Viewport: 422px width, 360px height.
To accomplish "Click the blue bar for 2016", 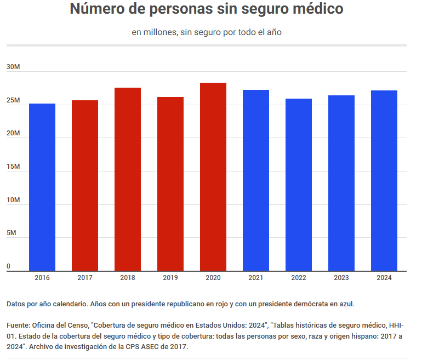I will point(42,187).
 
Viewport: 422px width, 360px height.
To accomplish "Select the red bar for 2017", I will point(85,185).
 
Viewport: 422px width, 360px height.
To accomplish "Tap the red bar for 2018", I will point(128,179).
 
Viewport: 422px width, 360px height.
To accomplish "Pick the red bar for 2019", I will point(170,184).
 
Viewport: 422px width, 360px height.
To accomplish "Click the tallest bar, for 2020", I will point(213,176).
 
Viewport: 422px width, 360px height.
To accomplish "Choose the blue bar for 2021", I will point(256,180).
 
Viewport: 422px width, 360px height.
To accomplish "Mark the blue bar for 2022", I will point(299,185).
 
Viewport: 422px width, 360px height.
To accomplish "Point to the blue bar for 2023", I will point(341,183).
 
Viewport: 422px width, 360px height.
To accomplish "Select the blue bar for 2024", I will point(384,180).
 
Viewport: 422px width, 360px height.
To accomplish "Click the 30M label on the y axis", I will point(13,67).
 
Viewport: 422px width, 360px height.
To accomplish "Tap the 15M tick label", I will point(13,167).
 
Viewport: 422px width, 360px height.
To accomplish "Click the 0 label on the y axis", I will point(9,267).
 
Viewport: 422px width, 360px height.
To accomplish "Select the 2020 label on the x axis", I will point(213,278).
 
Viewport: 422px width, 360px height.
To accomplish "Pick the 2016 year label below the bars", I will point(42,278).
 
